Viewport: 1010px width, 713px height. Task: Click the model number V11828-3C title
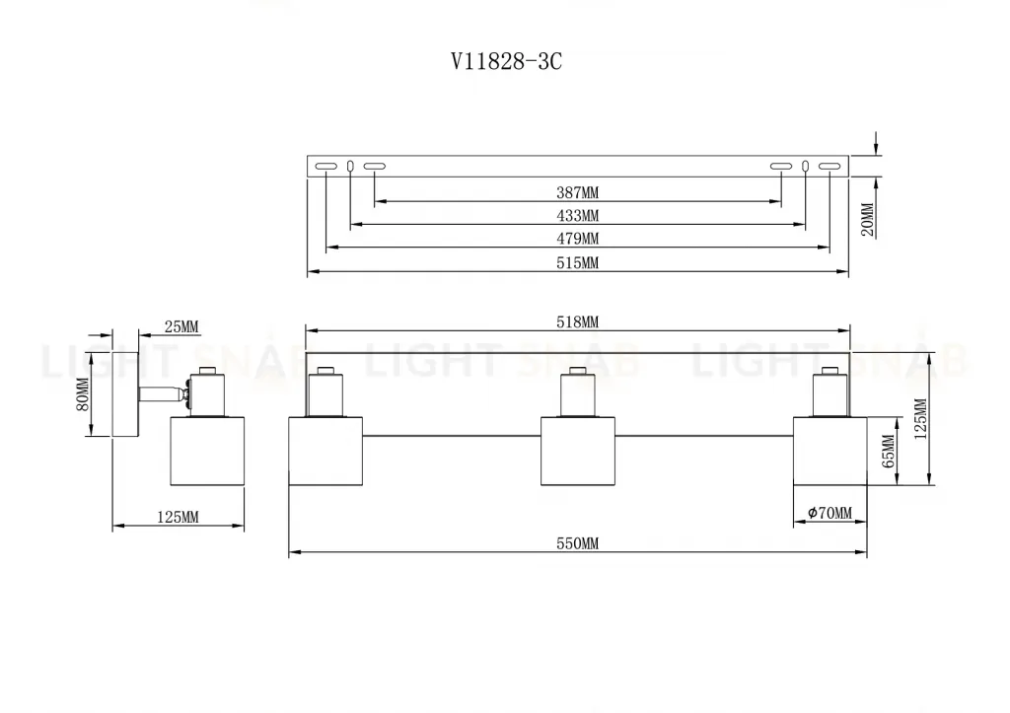[506, 62]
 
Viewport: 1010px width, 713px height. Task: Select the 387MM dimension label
[578, 192]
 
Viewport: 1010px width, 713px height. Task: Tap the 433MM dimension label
[578, 215]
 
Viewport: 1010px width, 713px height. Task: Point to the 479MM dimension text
[578, 239]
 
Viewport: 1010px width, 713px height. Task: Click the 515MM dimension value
[578, 262]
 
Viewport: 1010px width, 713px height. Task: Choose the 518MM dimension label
[578, 322]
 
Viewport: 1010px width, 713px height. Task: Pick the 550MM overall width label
[578, 543]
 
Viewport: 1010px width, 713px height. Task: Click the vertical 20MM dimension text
[868, 220]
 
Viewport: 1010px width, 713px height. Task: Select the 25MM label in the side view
[181, 326]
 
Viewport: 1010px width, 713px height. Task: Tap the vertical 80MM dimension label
[83, 394]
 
